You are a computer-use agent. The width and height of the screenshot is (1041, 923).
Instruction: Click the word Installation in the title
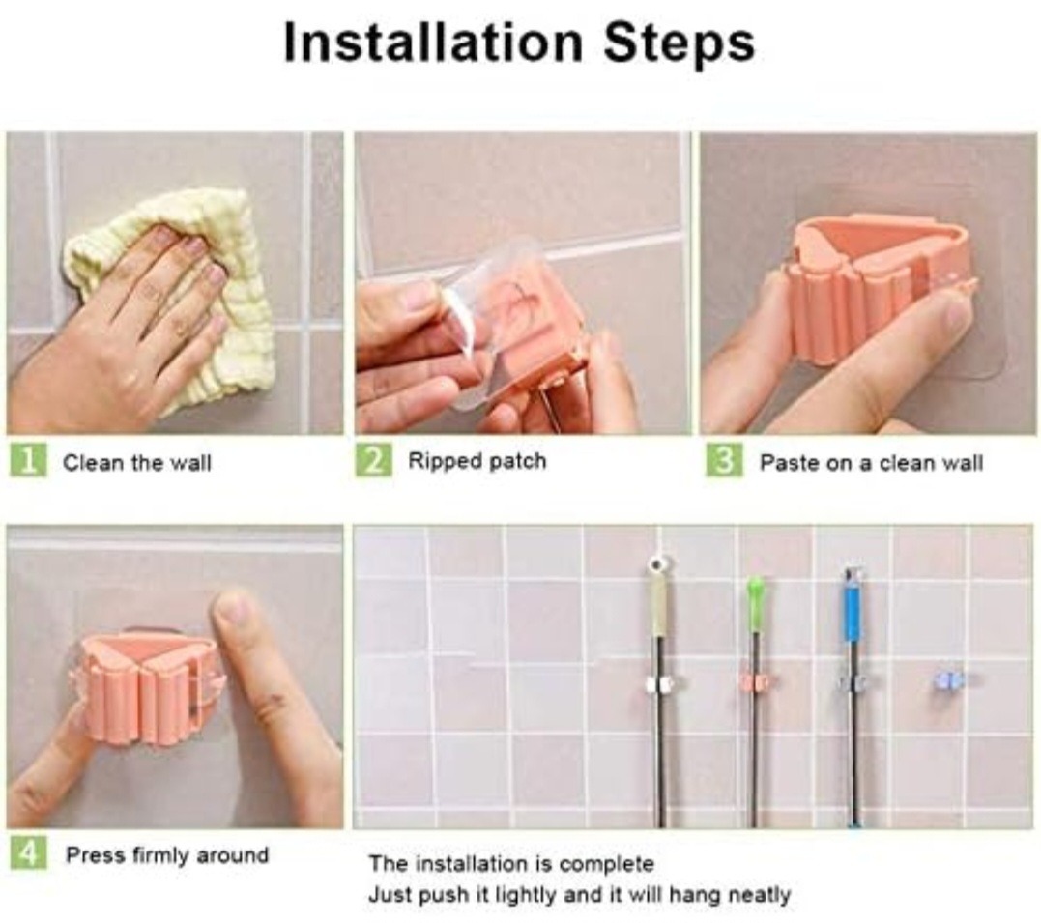[433, 42]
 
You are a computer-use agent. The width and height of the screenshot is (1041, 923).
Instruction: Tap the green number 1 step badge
[28, 461]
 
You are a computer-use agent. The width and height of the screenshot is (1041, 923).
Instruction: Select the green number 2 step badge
[374, 460]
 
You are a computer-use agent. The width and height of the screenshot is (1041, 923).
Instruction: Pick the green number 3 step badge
[724, 460]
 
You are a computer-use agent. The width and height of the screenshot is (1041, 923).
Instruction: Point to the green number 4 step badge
[28, 851]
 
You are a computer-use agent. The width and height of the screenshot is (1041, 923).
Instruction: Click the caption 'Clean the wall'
[136, 462]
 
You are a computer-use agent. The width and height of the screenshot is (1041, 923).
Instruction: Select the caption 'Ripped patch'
[477, 461]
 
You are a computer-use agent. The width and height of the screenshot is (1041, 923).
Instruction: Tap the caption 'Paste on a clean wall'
[871, 462]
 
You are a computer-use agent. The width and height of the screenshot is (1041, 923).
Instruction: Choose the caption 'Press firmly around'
[166, 854]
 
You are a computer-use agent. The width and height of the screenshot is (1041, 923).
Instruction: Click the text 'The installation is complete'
[511, 863]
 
